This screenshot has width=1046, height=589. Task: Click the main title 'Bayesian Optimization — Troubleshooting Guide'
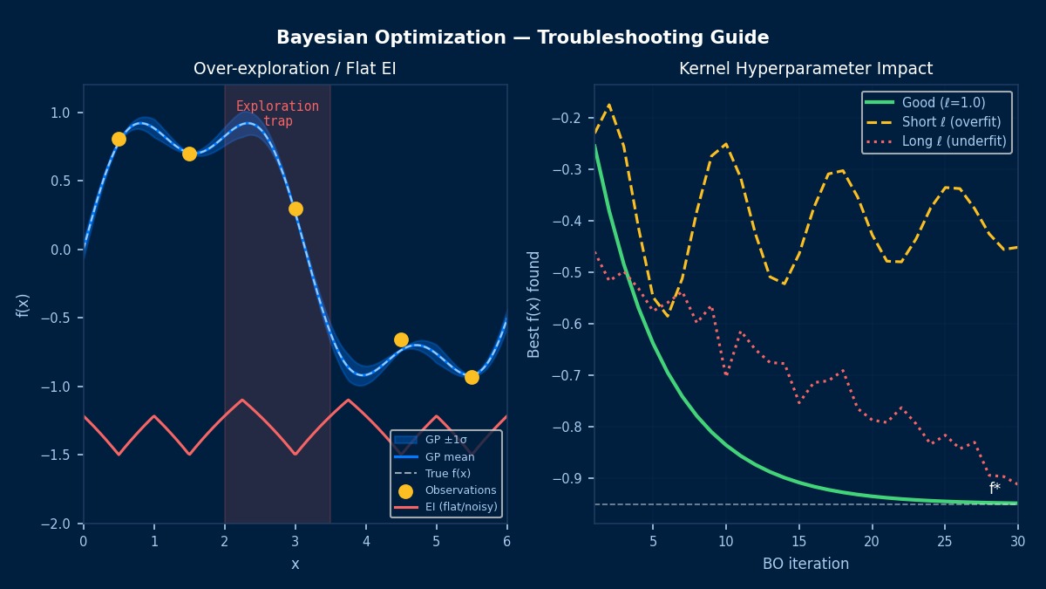[523, 38]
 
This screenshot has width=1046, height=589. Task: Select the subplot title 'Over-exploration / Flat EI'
[295, 68]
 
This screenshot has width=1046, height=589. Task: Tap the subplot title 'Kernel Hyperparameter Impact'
[805, 68]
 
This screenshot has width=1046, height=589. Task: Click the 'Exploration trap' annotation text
[277, 113]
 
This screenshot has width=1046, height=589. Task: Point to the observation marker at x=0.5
[119, 139]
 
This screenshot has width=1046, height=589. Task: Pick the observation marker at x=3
[295, 209]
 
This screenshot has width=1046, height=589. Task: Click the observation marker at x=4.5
[401, 339]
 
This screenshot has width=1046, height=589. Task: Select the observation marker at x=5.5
[472, 377]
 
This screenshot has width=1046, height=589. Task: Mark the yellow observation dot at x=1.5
[189, 154]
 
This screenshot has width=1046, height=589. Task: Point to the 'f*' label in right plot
[995, 489]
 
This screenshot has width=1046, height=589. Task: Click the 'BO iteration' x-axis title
[805, 564]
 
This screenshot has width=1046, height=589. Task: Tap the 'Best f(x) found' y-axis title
[534, 304]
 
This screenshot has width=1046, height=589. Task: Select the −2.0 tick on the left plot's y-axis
[61, 524]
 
